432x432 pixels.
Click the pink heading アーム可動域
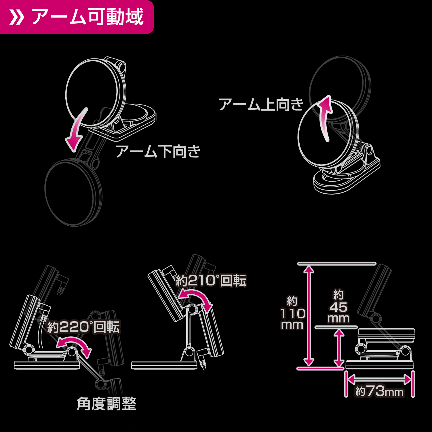[87, 17]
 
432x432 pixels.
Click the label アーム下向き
[158, 151]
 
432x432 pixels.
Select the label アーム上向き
[261, 104]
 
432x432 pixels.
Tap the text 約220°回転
[83, 327]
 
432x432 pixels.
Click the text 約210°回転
[211, 281]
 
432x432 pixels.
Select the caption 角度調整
[106, 404]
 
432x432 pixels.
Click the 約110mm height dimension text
[292, 313]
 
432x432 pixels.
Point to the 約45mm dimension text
[338, 307]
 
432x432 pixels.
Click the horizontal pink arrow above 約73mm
[379, 379]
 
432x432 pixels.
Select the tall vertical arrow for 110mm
[309, 316]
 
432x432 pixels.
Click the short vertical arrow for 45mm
[339, 348]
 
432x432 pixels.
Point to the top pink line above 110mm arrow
[337, 263]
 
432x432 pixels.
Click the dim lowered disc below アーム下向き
[73, 192]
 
